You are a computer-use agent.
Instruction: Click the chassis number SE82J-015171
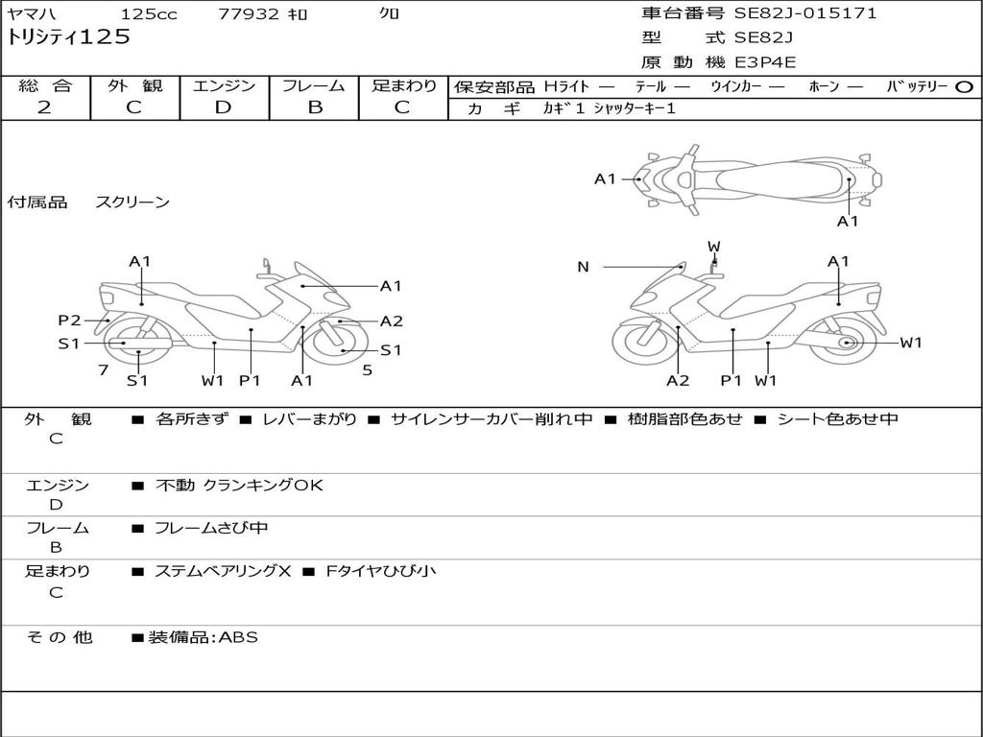tap(805, 13)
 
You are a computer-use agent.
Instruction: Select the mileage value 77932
tap(250, 14)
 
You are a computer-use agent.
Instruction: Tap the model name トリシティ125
tap(68, 37)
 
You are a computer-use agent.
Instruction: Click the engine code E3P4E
tap(765, 62)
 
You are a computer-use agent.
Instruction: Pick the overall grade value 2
tap(44, 107)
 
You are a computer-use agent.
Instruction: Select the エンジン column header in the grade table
tap(225, 85)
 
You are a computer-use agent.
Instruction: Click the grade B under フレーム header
tap(314, 107)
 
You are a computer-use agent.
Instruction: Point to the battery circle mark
tap(964, 86)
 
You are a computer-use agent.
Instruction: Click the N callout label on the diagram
tap(583, 267)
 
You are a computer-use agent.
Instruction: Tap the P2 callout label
tap(69, 321)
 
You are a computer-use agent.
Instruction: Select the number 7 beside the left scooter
tap(103, 369)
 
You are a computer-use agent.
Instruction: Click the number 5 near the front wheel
tap(367, 369)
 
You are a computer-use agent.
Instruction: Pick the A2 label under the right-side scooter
tap(678, 381)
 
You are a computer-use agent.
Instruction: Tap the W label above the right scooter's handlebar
tap(713, 246)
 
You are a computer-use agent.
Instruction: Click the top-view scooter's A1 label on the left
tap(605, 178)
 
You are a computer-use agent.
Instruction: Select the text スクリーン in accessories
tap(132, 202)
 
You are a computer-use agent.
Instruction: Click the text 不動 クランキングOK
tap(239, 486)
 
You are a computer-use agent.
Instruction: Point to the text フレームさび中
tap(211, 528)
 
